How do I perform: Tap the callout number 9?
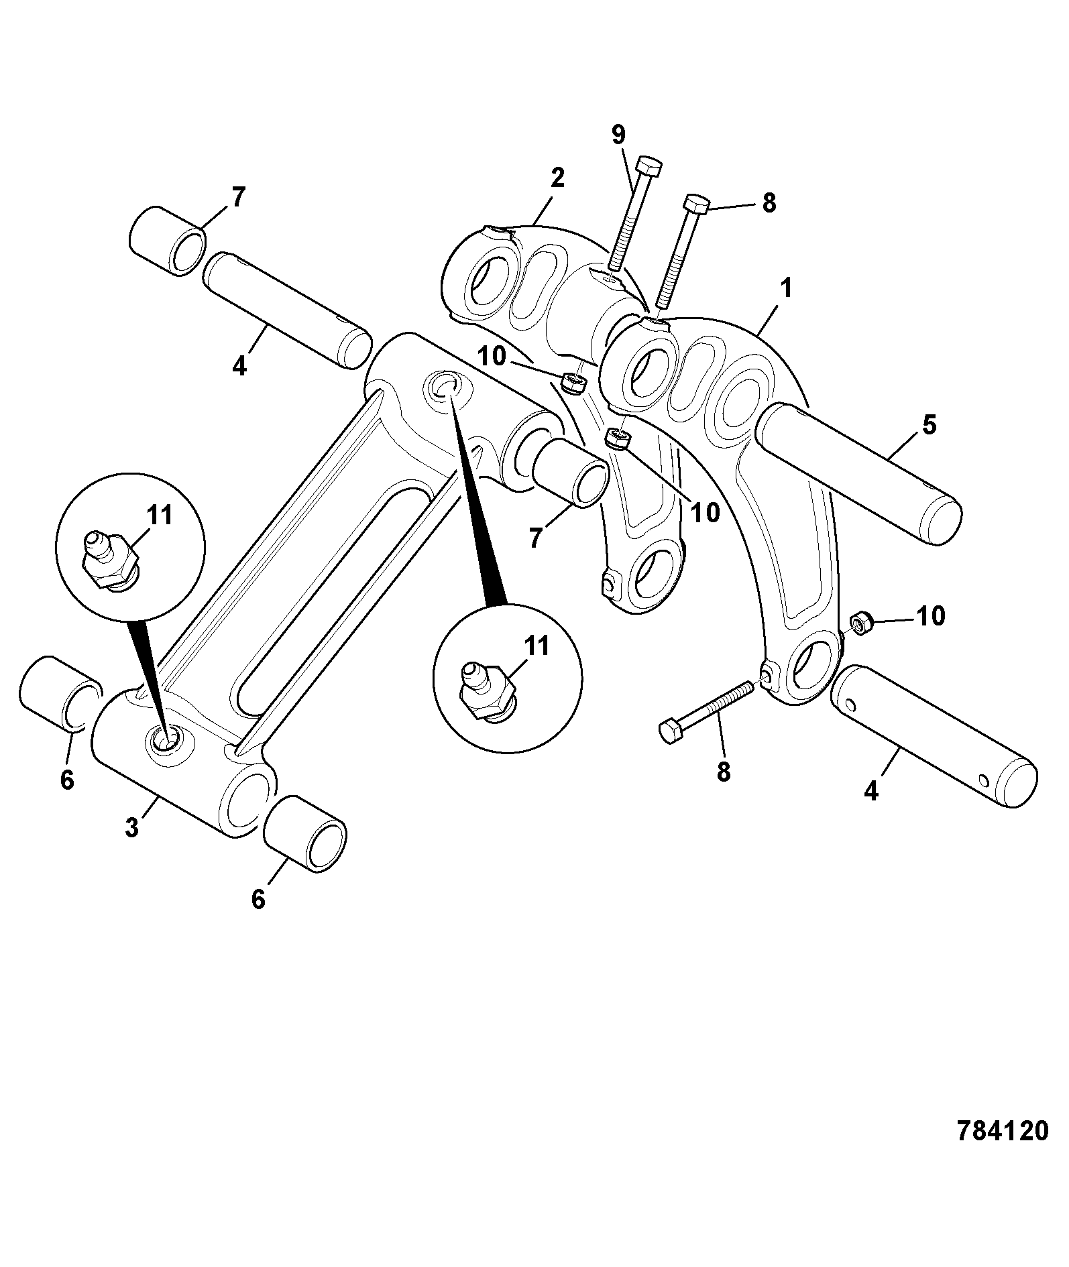618,135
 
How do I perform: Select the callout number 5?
929,425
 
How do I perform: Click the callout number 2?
557,178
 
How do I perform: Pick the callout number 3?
131,827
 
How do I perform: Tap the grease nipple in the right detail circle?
488,690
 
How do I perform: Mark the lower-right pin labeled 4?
934,736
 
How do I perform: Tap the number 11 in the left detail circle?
159,515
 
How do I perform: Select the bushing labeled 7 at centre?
571,472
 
